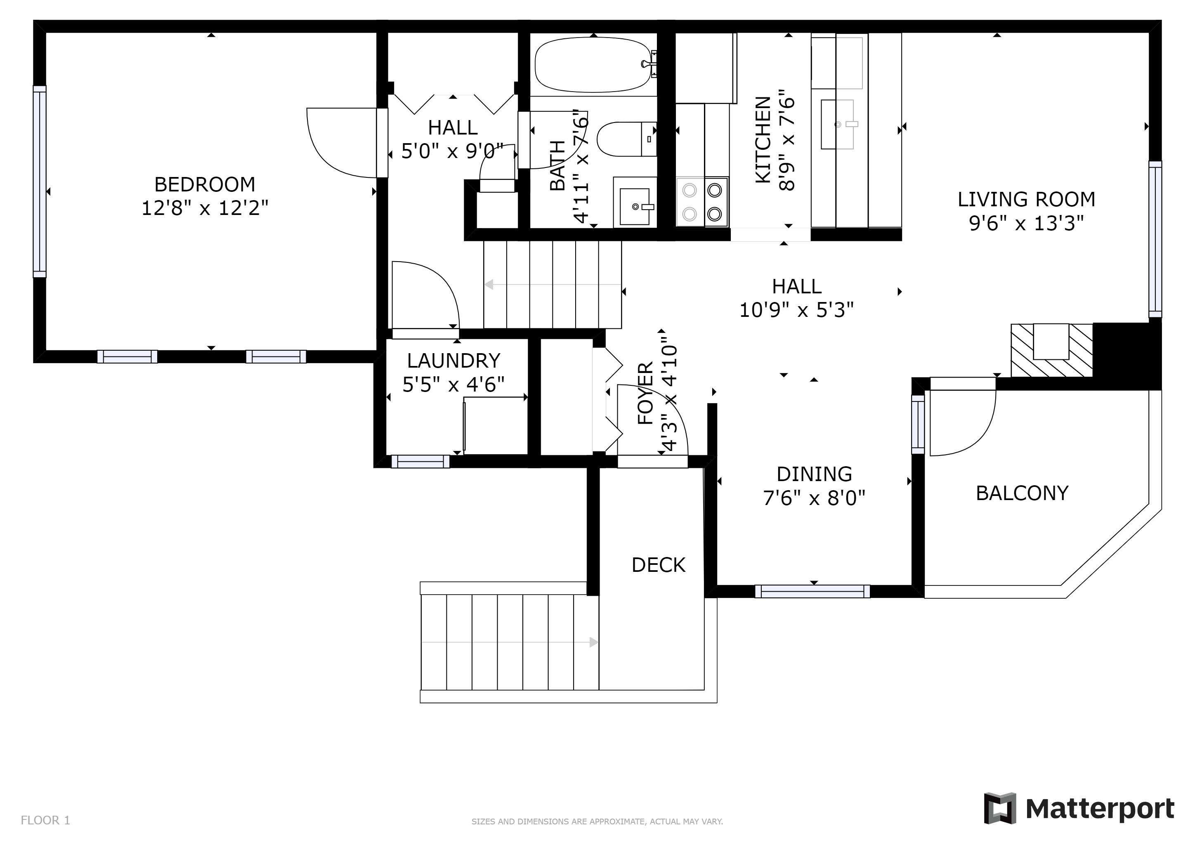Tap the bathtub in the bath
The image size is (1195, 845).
point(593,64)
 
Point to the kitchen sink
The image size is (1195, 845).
point(837,124)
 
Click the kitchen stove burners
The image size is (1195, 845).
point(702,202)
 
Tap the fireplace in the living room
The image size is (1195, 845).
point(1051,349)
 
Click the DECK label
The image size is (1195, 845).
point(659,565)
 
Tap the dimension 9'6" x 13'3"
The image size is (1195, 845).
point(1026,224)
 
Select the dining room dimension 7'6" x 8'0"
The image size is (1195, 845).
point(814,498)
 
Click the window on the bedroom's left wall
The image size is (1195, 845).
point(40,181)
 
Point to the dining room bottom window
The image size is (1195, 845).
point(812,591)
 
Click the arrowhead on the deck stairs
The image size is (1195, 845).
point(593,642)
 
